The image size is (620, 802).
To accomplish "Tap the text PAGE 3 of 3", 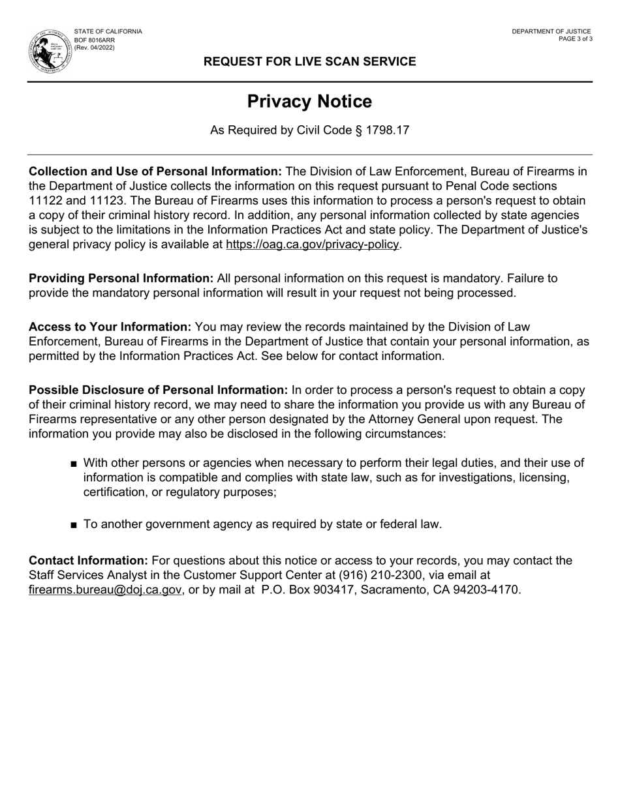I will pyautogui.click(x=576, y=39).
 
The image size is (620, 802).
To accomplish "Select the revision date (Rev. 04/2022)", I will pyautogui.click(x=95, y=48).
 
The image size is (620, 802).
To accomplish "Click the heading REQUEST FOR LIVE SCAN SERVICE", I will pyautogui.click(x=309, y=61).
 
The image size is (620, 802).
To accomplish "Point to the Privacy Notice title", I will pyautogui.click(x=309, y=102).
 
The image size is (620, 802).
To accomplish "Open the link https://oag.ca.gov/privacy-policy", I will pyautogui.click(x=312, y=245).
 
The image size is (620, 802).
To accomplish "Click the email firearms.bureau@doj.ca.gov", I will pyautogui.click(x=105, y=590).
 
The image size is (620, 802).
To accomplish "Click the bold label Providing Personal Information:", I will pyautogui.click(x=121, y=278).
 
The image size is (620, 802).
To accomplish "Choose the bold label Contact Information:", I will pyautogui.click(x=88, y=561).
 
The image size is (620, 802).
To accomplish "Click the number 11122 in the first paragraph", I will pyautogui.click(x=45, y=200).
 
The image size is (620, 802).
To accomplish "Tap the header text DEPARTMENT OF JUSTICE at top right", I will pyautogui.click(x=551, y=31).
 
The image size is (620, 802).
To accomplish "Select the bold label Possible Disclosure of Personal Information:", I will pyautogui.click(x=158, y=390).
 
